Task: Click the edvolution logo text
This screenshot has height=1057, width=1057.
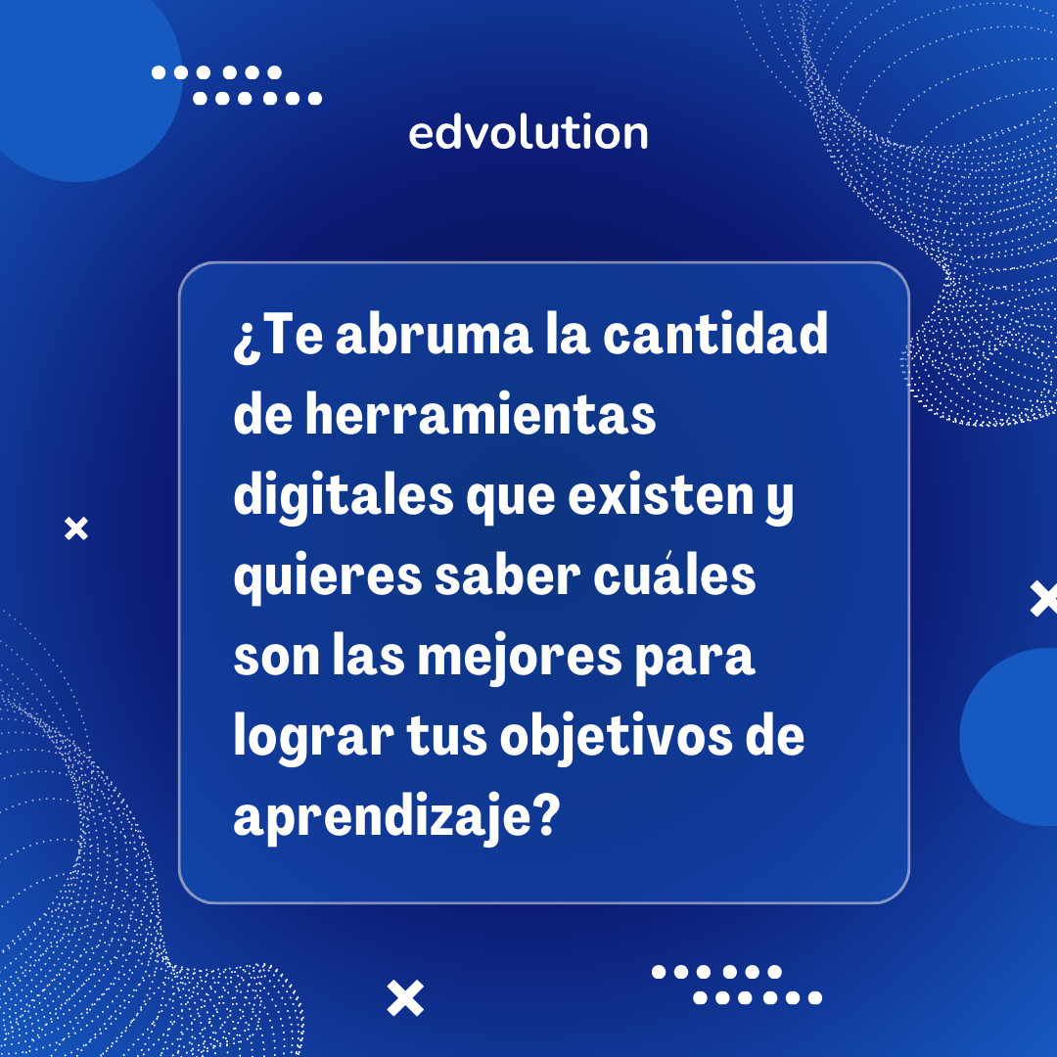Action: click(x=528, y=133)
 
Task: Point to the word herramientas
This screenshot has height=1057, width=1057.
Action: click(x=480, y=418)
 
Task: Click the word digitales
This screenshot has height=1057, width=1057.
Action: click(x=344, y=498)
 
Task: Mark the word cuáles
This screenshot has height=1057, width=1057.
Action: click(x=675, y=577)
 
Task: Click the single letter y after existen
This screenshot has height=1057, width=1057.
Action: click(x=779, y=503)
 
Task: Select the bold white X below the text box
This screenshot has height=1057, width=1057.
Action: click(x=405, y=998)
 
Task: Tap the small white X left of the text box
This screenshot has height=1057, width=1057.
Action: click(x=75, y=529)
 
